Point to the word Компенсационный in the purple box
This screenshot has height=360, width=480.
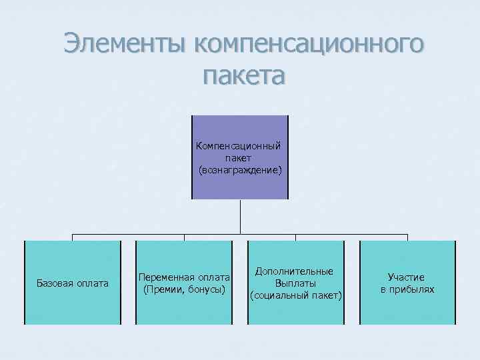(x=239, y=145)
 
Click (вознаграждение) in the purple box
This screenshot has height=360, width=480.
(x=240, y=171)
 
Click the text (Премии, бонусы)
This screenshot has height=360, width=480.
(x=185, y=289)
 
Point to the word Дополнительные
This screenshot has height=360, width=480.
(x=295, y=271)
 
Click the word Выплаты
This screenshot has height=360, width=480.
(x=295, y=283)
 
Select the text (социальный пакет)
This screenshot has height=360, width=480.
(x=295, y=295)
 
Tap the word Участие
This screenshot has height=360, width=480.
(x=407, y=277)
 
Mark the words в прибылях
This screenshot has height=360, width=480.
(x=407, y=289)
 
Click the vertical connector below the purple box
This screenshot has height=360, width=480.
(x=240, y=217)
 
